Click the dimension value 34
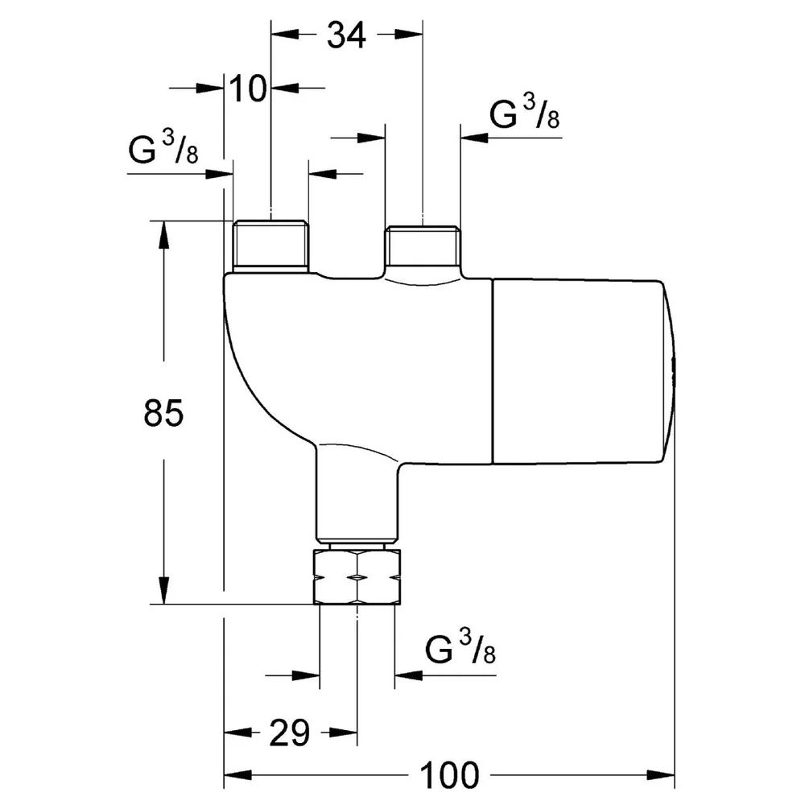click(346, 35)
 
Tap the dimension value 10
click(248, 88)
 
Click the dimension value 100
click(450, 774)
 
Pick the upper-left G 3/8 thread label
click(163, 147)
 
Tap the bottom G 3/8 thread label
click(460, 647)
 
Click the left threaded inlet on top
click(271, 246)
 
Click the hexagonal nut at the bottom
click(357, 576)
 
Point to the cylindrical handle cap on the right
click(583, 372)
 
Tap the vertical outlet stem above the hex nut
click(357, 493)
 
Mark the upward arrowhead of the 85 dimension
click(163, 235)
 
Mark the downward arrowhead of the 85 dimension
click(163, 590)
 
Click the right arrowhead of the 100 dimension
click(661, 774)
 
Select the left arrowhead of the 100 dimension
click(238, 774)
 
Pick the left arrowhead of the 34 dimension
click(285, 35)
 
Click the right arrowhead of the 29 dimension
click(343, 733)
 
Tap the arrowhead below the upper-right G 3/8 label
click(474, 138)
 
